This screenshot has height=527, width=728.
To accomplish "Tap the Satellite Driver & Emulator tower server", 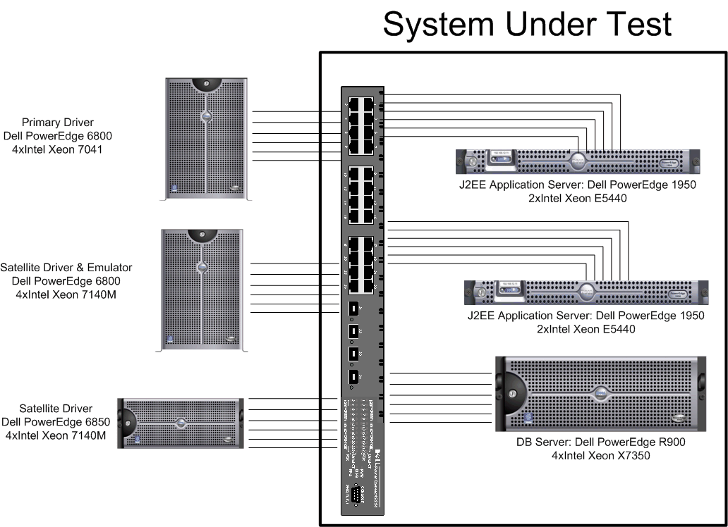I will (x=202, y=289).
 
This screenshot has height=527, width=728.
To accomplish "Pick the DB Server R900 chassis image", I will (x=601, y=394).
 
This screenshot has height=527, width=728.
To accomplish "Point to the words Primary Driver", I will (x=57, y=123).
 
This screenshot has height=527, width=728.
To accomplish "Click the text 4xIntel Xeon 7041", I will (x=57, y=149).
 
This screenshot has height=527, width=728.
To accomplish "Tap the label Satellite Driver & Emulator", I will (x=66, y=268).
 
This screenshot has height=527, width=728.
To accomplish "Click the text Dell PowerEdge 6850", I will (x=56, y=422).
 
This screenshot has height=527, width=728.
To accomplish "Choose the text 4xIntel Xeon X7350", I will (x=601, y=456).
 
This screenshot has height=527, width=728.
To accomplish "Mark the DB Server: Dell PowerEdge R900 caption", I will (x=601, y=442).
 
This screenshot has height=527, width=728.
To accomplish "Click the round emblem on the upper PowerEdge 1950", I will (x=579, y=161).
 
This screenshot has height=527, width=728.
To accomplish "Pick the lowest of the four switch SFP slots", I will (x=355, y=377).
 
